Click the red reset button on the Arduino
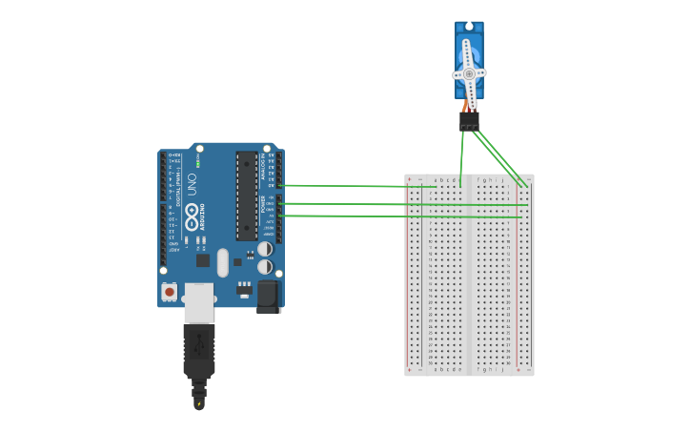coord(170,292)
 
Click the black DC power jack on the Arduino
coord(268,297)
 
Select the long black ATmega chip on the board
coord(247,195)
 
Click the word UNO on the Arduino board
coord(192,183)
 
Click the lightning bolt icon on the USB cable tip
coord(198,403)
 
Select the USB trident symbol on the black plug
coord(199,344)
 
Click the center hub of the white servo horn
coord(469,73)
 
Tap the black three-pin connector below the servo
coord(469,121)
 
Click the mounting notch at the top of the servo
coord(469,26)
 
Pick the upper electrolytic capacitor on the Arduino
coord(265,249)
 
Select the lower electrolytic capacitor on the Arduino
coord(265,267)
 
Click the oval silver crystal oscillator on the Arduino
coord(223,263)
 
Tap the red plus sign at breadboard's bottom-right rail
coord(518,370)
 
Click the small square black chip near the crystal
coord(203,259)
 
